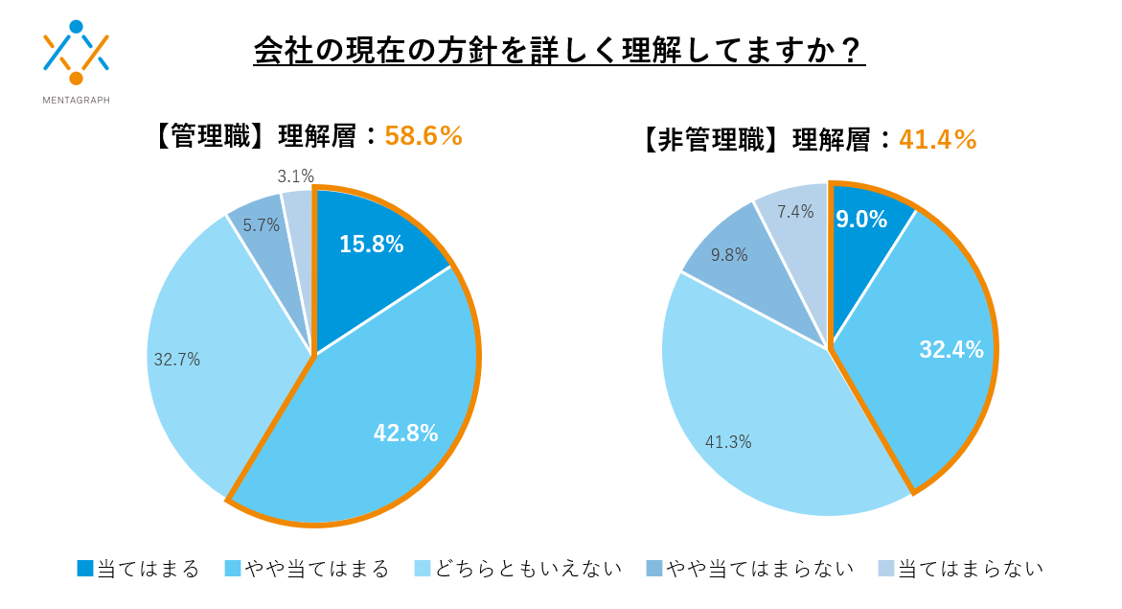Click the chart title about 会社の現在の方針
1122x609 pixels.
coord(560,50)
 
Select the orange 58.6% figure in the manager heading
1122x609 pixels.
coord(424,136)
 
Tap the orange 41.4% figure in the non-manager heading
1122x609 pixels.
coord(937,139)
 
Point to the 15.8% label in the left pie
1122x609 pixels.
coord(371,245)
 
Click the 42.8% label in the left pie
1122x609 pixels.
coord(405,433)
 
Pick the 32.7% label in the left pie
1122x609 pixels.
coord(176,361)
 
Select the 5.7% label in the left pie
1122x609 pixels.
coord(261,225)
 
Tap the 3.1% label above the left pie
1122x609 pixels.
coord(295,176)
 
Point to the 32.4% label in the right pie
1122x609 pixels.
coord(951,350)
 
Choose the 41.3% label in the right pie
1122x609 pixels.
coord(728,442)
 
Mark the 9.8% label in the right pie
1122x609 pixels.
coord(729,255)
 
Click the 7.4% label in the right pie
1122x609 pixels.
coord(795,212)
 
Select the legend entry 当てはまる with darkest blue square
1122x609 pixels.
coord(139,569)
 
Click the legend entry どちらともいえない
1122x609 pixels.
coord(518,569)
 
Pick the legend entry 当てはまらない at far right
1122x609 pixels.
coord(960,569)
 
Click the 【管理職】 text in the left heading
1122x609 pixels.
coord(207,136)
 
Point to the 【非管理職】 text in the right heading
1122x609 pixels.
coord(708,139)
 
